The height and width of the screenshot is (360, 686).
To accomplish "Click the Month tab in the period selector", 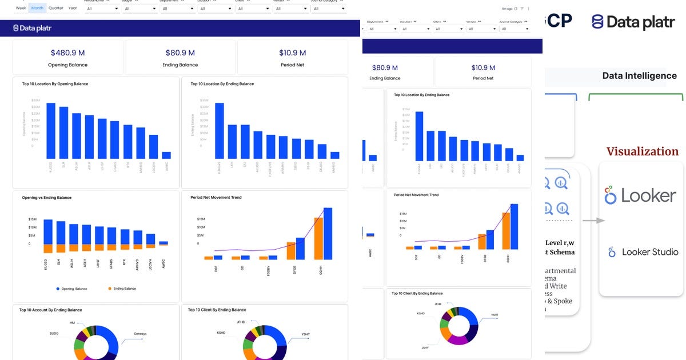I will click(37, 8).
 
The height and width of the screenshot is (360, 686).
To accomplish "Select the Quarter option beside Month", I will click(56, 8).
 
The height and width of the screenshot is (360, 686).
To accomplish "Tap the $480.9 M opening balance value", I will click(68, 53).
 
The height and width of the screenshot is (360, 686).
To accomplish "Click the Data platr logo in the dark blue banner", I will click(33, 28).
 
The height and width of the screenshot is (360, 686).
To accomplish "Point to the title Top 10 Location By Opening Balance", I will click(55, 84).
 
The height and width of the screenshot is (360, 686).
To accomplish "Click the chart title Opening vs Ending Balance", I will click(46, 198).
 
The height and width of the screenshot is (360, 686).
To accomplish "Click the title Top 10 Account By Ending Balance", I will click(50, 310).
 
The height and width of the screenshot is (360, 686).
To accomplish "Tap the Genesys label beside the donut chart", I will click(140, 333).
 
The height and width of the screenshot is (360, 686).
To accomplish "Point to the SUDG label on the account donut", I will click(54, 333).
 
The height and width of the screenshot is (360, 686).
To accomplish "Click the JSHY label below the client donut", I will click(425, 347).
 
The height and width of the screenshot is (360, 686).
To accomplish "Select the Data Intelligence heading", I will click(639, 76).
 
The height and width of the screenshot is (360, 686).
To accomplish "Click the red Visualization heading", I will click(642, 151).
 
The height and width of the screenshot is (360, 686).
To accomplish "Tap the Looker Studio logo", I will click(643, 252).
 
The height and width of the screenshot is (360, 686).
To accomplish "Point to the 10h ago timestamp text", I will click(506, 9).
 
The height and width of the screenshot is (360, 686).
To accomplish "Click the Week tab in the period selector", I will click(21, 8).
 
